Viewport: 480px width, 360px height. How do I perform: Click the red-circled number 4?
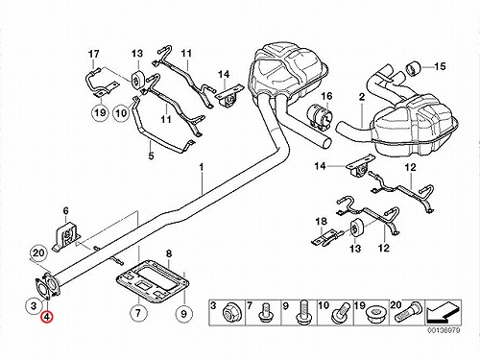[47, 317]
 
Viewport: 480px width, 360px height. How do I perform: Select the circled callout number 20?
[38, 253]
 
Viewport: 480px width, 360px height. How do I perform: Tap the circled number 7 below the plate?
[138, 313]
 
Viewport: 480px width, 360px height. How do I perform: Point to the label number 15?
[440, 66]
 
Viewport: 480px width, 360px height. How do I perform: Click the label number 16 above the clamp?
[327, 96]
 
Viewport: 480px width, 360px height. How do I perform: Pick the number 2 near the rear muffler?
[362, 97]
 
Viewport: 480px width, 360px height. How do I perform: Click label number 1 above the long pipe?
[202, 167]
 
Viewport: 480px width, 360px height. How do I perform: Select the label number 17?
[94, 54]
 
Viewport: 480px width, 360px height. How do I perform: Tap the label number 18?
[322, 221]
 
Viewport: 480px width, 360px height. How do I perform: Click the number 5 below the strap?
[151, 156]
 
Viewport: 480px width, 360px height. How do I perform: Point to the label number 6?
[65, 211]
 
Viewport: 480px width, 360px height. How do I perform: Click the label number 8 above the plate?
[169, 253]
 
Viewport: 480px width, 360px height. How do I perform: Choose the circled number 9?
[183, 313]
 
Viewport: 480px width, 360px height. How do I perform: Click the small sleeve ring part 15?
[413, 68]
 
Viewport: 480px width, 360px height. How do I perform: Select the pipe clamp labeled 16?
[320, 117]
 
